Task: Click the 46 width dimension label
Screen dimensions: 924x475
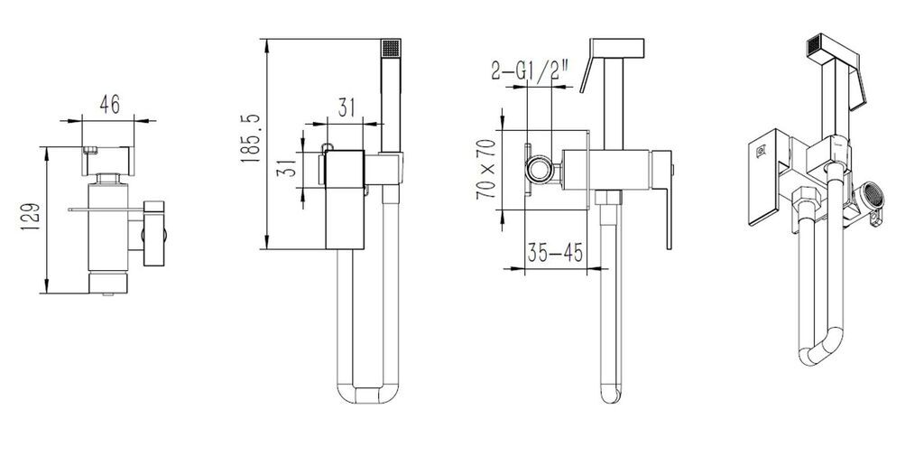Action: coord(109,104)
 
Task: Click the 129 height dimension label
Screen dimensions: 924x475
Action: coord(31,217)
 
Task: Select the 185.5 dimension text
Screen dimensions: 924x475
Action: coord(250,139)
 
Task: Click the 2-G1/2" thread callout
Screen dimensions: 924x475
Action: coord(530,70)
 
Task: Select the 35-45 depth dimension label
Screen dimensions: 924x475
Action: coord(555,252)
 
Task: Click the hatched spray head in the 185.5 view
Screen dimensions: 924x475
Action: coord(391,48)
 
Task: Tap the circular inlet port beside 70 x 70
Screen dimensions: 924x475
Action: coord(539,169)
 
